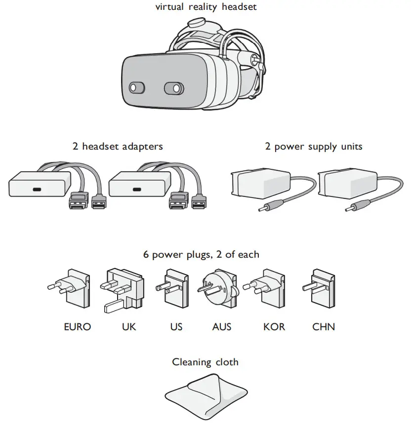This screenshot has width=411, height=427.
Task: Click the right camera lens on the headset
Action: click(174, 88)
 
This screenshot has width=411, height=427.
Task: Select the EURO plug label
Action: click(78, 327)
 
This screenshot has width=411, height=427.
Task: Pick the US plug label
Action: click(176, 327)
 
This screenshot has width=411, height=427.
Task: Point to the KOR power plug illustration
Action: click(267, 289)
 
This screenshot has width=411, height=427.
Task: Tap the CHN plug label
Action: click(324, 327)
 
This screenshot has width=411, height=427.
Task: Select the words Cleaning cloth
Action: click(205, 362)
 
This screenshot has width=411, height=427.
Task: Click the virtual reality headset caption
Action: click(205, 7)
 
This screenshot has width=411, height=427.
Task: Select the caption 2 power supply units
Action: click(314, 147)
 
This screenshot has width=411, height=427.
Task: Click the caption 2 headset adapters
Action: click(117, 147)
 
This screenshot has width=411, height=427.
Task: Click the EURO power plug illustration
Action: click(72, 289)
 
